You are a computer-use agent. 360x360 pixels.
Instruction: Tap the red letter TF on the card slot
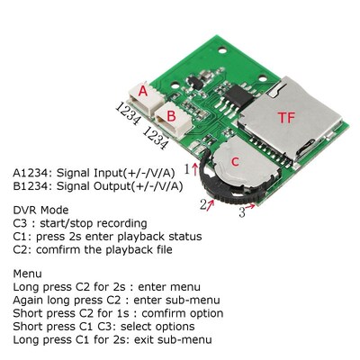click(x=286, y=118)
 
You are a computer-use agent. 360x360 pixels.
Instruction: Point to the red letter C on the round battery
click(x=235, y=161)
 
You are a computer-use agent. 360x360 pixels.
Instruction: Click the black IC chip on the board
click(x=241, y=94)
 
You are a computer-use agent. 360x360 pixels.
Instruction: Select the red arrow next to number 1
click(x=196, y=167)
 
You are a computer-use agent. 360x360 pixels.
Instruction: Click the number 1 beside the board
click(x=187, y=167)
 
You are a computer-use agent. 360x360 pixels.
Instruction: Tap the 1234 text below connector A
click(x=127, y=117)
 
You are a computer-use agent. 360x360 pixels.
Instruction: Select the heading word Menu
click(x=28, y=272)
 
